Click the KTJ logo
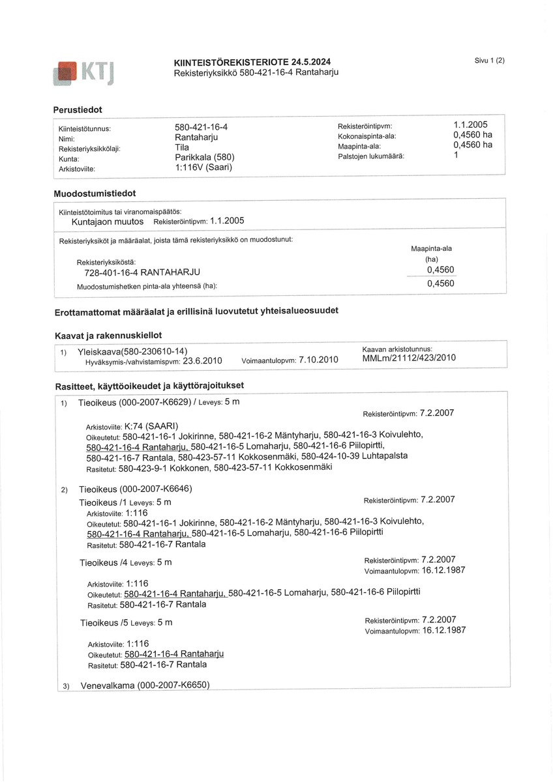(x=85, y=72)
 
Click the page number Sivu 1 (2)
(x=490, y=61)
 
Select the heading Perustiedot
(x=78, y=109)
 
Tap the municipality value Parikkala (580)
(x=204, y=157)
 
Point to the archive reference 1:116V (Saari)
(x=203, y=167)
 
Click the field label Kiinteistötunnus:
(x=85, y=129)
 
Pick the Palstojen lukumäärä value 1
(x=456, y=156)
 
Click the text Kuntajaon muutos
(x=107, y=222)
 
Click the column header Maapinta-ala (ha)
(x=431, y=253)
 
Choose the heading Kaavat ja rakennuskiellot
(x=108, y=335)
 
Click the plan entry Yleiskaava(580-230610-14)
(x=132, y=352)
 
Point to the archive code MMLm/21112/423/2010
(x=409, y=358)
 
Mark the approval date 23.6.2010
(x=203, y=360)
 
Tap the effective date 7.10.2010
(x=318, y=360)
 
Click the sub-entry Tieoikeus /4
(x=102, y=562)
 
